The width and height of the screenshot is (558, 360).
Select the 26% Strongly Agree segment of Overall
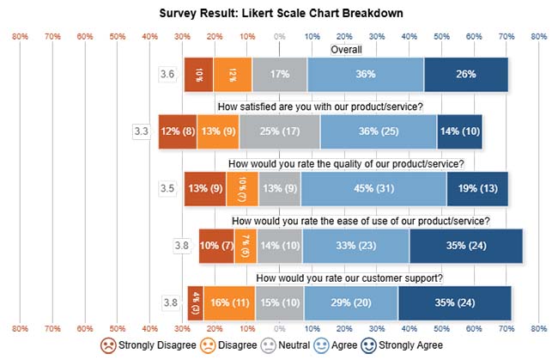pos(466,75)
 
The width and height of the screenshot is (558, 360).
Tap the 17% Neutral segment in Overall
pos(280,75)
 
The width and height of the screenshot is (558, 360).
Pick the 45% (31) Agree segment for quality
pos(373,188)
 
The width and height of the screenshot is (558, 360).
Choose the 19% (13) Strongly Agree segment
pos(477,188)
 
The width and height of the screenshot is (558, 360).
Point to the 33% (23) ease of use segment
pos(355,246)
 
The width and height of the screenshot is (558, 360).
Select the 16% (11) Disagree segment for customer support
pos(229,302)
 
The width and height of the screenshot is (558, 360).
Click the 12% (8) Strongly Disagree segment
pos(178,131)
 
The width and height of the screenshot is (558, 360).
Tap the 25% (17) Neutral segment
pos(280,131)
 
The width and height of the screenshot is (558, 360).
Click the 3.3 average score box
pos(142,131)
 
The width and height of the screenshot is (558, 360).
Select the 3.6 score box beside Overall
pos(168,75)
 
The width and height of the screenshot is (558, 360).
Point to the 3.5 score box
pos(168,188)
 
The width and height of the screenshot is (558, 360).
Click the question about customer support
pos(349,278)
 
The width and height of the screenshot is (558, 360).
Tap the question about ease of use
pos(361,222)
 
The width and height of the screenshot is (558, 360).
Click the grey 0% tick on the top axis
pos(280,37)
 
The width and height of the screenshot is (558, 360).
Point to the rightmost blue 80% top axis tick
pos(539,37)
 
